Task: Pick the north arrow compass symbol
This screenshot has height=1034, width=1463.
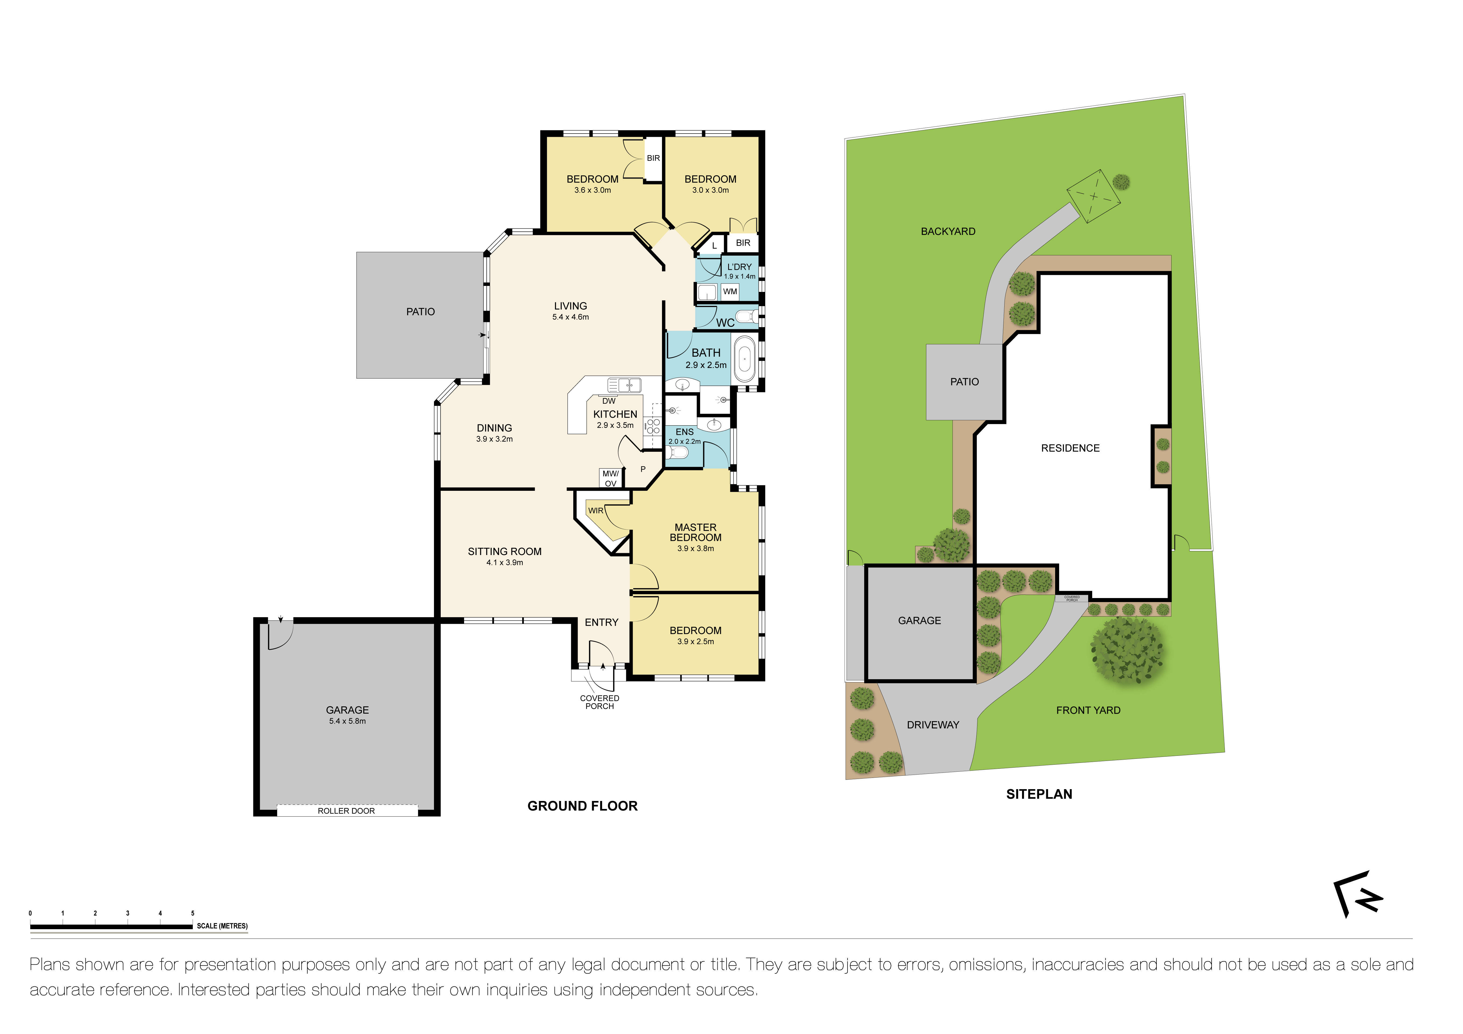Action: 1357,893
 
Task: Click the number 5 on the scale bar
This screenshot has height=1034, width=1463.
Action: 193,913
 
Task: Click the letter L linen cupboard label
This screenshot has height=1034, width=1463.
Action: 714,245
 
